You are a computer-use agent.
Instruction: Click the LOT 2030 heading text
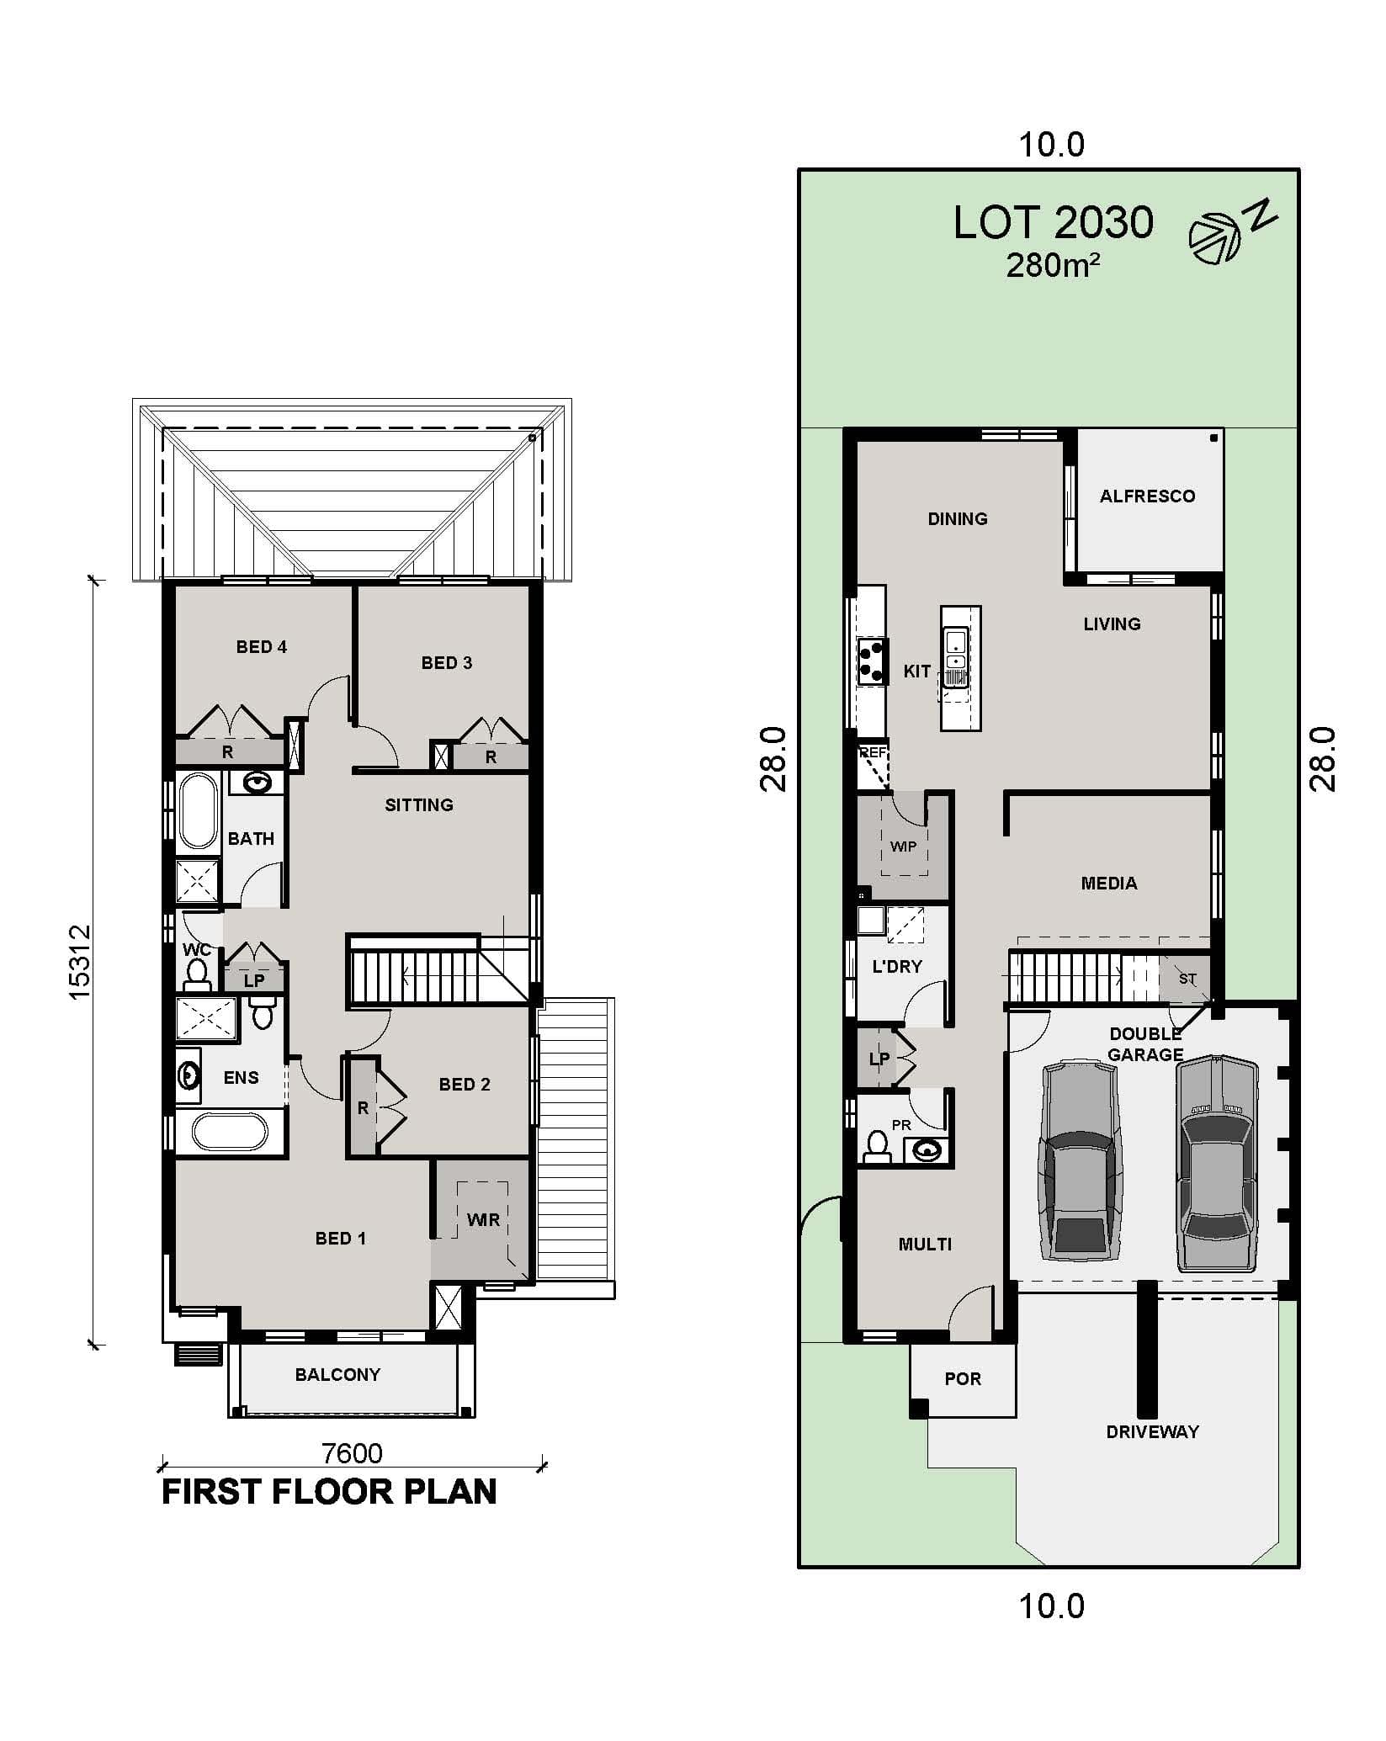(1053, 223)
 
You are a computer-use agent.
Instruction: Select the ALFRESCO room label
(1146, 496)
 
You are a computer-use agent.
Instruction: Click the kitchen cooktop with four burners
(872, 661)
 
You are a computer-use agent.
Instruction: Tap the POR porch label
(963, 1379)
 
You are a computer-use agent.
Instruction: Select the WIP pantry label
(903, 847)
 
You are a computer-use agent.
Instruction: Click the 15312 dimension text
(79, 963)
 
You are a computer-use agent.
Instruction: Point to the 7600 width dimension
(352, 1453)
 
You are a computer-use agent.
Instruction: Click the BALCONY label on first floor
(337, 1375)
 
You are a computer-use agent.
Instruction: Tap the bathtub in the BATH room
(199, 811)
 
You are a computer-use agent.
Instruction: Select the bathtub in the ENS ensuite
(230, 1132)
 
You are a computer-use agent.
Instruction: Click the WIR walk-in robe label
(483, 1219)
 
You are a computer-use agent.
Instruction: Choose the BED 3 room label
(446, 663)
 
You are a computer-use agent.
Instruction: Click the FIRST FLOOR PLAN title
(329, 1492)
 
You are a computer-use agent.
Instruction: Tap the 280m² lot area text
(1052, 266)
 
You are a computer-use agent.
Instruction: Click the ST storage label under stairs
(1187, 979)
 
